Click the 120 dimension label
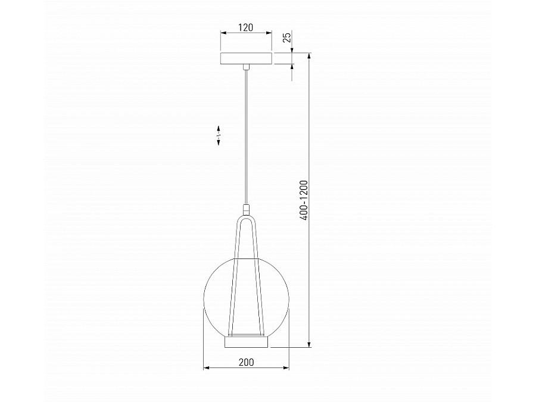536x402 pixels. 246,27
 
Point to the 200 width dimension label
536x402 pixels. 246,362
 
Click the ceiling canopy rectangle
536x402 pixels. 246,58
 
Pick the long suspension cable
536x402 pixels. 246,137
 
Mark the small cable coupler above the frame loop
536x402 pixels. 246,210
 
